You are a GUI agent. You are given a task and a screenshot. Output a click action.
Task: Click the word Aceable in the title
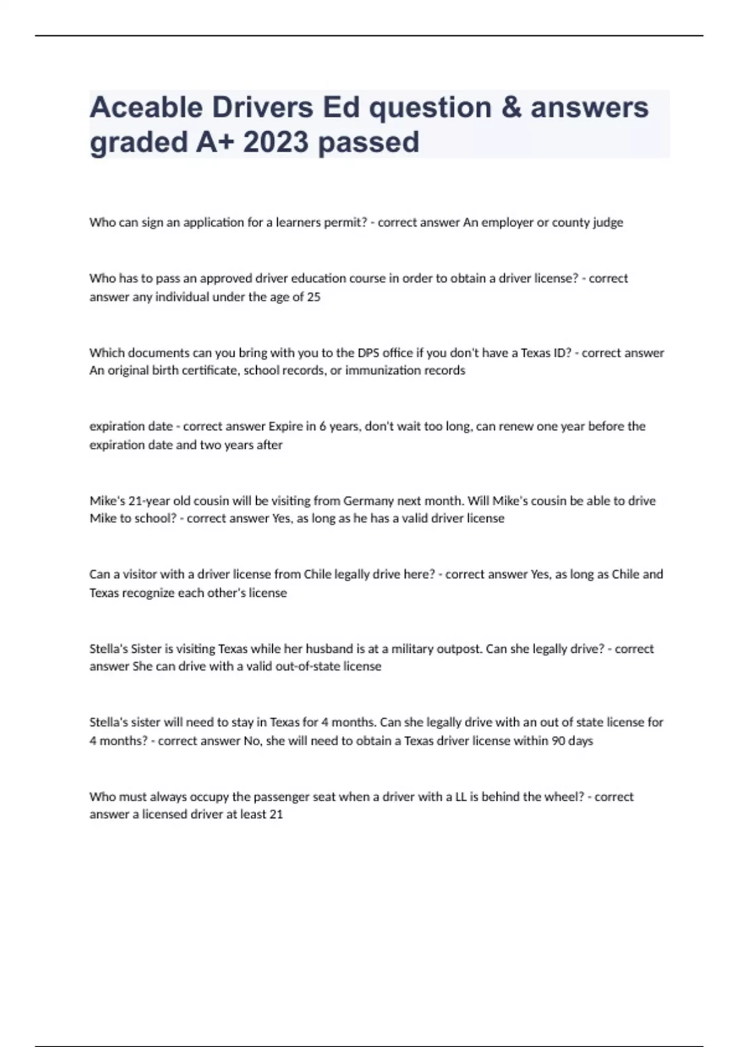[146, 108]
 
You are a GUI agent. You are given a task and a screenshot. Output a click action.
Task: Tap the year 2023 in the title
[275, 142]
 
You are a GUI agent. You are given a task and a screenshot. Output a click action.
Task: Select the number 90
[559, 740]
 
